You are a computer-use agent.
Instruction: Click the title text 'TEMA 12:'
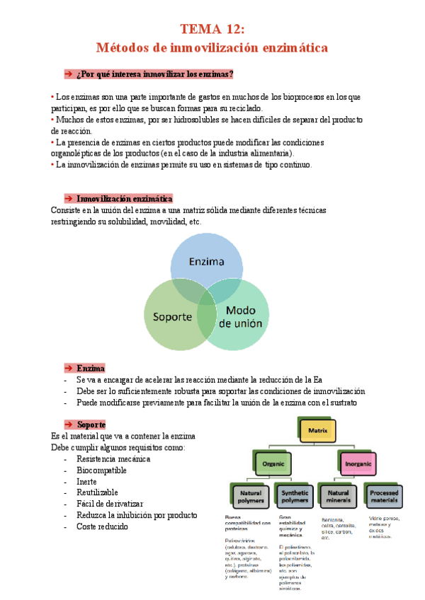212,29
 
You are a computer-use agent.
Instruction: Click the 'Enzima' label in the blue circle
206,262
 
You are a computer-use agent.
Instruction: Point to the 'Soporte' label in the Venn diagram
168,316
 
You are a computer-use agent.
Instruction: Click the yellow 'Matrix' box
317,429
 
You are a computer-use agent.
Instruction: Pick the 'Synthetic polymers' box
295,497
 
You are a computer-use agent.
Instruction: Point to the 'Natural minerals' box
338,497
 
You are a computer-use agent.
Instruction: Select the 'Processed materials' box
383,497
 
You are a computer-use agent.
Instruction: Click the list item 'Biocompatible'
101,470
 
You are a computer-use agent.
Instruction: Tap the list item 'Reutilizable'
97,492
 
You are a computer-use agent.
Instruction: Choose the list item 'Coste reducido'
103,526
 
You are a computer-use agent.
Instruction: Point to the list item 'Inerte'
86,481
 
